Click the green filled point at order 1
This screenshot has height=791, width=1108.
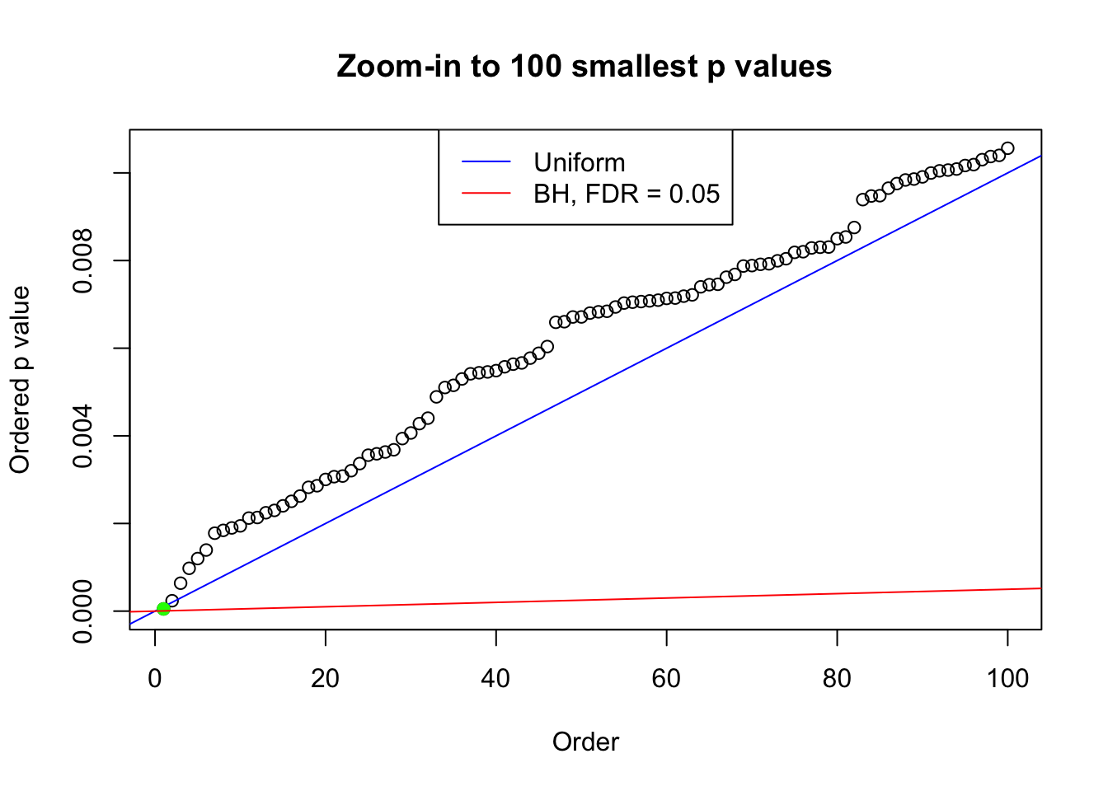tap(163, 608)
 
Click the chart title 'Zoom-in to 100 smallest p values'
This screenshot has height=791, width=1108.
tap(585, 66)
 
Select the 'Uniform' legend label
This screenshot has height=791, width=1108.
tap(580, 162)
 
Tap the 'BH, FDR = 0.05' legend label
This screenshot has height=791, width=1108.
tap(627, 194)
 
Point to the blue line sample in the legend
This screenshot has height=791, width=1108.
tap(486, 162)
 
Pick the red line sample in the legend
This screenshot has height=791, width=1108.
tap(486, 194)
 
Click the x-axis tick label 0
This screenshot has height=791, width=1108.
tap(155, 679)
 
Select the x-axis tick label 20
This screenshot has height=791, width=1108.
tap(326, 679)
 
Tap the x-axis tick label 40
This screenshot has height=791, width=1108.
tap(496, 679)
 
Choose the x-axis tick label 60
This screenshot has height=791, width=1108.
tap(666, 679)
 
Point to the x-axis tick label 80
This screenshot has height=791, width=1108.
tap(837, 679)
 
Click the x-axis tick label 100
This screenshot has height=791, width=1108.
tap(1007, 679)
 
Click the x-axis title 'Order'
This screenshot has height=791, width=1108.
tap(585, 742)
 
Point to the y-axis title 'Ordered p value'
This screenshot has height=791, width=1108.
tap(20, 380)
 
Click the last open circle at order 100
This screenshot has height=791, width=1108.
tap(1007, 148)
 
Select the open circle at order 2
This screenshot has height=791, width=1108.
tap(171, 601)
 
